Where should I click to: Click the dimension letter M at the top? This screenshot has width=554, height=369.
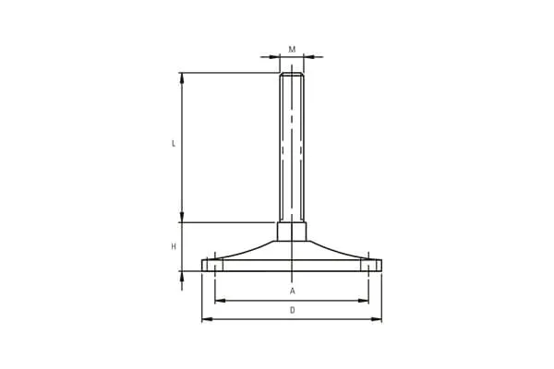(292, 50)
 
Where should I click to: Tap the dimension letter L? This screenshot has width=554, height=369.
(174, 144)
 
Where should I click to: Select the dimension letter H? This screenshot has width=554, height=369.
(174, 247)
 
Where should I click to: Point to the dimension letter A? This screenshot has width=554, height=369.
(292, 291)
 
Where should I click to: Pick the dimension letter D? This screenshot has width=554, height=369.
(292, 310)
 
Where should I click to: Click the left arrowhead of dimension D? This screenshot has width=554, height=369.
(207, 319)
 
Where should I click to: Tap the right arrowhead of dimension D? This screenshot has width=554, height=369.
(377, 319)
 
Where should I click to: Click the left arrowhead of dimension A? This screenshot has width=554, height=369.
(221, 301)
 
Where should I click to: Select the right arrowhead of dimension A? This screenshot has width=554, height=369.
(363, 301)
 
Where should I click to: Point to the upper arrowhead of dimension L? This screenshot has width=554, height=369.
(182, 78)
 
